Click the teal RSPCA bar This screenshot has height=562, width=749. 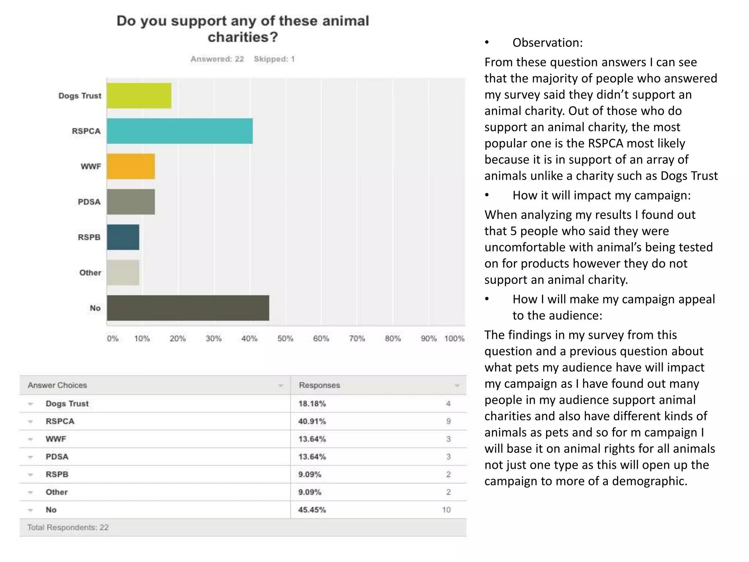point(180,131)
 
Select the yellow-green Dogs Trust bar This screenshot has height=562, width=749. point(139,96)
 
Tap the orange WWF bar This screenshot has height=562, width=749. point(131,166)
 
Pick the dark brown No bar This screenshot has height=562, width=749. point(188,308)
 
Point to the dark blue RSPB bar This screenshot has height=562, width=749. point(123,237)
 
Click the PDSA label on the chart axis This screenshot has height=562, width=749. point(89,202)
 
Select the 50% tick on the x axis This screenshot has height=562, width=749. point(285,338)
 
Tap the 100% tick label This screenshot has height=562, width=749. point(454,338)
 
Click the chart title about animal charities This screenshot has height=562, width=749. point(243,29)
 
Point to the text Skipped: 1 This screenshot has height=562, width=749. point(274,59)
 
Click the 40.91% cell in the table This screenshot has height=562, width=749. point(312,421)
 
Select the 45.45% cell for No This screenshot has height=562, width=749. point(312,510)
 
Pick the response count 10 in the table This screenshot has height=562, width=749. point(446,510)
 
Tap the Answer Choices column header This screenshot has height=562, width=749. point(57,385)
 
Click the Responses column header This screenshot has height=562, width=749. point(319,385)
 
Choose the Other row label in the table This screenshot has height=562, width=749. point(57,492)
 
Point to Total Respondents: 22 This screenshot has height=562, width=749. point(68,528)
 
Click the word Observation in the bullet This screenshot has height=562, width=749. point(547,43)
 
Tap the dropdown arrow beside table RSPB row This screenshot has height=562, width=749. point(31,475)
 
